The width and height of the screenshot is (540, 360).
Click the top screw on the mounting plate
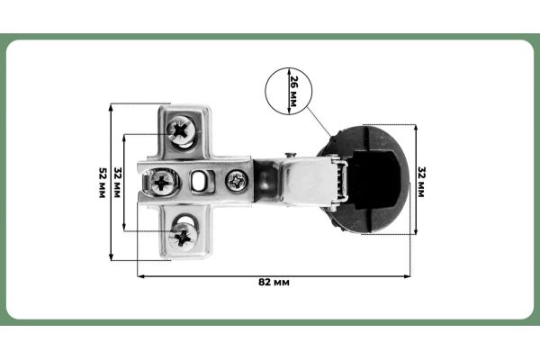pyautogui.click(x=184, y=131)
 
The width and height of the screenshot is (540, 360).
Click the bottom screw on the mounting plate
pyautogui.click(x=184, y=236)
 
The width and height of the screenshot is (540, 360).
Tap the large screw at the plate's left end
pyautogui.click(x=163, y=183)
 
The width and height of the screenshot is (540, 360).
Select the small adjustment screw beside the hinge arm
pyautogui.click(x=238, y=180)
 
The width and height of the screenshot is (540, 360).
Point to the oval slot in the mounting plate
pyautogui.click(x=199, y=183)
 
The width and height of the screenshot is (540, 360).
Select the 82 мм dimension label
pyautogui.click(x=274, y=283)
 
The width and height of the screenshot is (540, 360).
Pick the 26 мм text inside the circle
pyautogui.click(x=293, y=91)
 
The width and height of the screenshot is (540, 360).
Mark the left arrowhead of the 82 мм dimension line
pyautogui.click(x=140, y=274)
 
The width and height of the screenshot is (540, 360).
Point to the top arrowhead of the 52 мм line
pyautogui.click(x=111, y=107)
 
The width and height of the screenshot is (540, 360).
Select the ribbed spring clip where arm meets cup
pyautogui.click(x=338, y=180)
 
